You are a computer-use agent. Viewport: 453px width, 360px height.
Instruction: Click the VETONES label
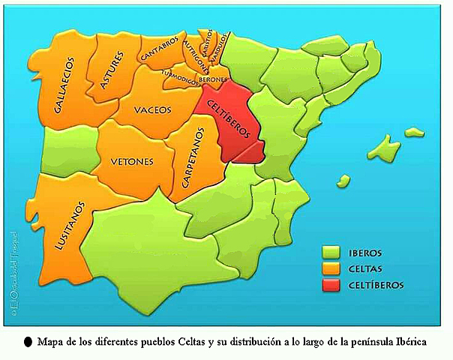pos(132,160)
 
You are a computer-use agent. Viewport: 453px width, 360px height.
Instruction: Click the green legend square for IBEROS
pos(330,253)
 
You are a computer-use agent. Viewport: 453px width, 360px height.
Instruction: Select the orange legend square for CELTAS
pos(330,268)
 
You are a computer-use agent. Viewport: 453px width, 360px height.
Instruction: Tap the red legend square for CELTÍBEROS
pos(330,285)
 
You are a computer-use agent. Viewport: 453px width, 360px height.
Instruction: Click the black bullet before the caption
pos(28,341)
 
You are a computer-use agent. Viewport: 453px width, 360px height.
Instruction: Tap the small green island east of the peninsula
pos(343,180)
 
